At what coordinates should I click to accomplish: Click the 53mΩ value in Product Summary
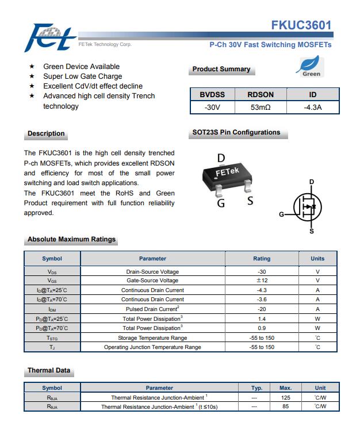point(261,108)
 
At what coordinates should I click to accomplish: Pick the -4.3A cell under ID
point(312,108)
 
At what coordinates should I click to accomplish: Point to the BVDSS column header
point(212,95)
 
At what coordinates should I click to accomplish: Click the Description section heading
point(46,133)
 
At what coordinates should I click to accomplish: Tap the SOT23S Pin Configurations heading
point(236,132)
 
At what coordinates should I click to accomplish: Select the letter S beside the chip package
point(250,201)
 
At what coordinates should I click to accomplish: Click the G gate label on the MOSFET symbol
point(281,214)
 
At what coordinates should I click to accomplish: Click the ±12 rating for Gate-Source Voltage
point(262,281)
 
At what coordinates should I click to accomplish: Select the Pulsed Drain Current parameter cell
point(152,309)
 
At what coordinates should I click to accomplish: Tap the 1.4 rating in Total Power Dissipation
point(262,319)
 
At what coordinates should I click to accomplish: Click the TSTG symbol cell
point(52,338)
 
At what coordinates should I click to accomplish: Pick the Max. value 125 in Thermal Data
point(285,397)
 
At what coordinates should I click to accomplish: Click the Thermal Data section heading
point(49,370)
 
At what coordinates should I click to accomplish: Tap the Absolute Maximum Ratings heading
point(71,239)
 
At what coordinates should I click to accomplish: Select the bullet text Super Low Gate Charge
point(82,76)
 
